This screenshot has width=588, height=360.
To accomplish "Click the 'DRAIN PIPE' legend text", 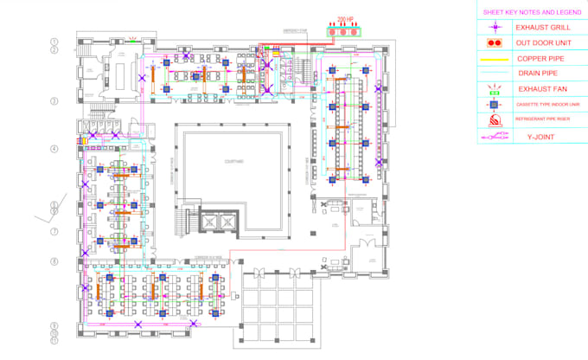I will [536, 73].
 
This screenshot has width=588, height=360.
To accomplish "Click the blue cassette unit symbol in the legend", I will [495, 105].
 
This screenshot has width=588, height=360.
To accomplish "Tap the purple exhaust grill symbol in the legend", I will [495, 28].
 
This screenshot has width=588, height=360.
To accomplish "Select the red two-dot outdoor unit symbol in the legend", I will [495, 42].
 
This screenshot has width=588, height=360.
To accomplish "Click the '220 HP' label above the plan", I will [346, 18].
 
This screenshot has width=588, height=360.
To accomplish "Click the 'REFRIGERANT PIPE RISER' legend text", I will [541, 119].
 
